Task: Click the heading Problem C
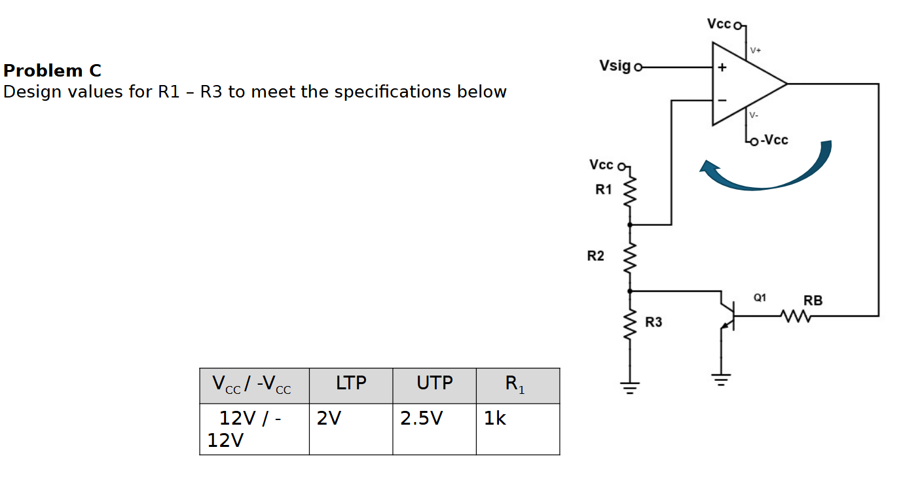[52, 71]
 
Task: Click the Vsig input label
[615, 66]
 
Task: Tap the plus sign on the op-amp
[722, 67]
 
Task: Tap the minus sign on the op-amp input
[722, 100]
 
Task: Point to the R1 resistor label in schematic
[603, 190]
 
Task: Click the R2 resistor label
[595, 256]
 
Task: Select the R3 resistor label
[653, 322]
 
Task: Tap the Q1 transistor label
[760, 298]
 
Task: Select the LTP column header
[351, 383]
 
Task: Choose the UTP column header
[434, 383]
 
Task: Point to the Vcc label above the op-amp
[718, 24]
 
